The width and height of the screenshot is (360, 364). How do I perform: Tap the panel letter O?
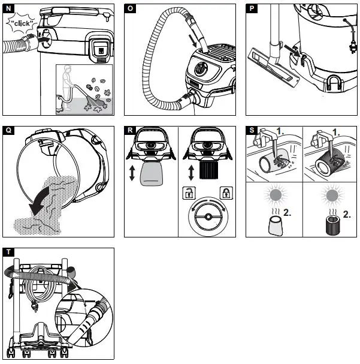tap(131, 8)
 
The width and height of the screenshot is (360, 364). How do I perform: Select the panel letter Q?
tap(8, 130)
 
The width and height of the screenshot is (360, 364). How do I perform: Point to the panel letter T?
tap(8, 252)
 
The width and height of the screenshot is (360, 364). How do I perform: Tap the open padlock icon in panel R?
tap(187, 193)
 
